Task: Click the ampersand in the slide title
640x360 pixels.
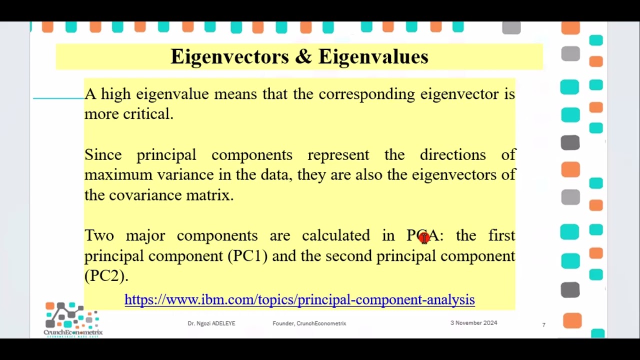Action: (x=303, y=57)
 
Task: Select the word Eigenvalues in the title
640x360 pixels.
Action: (x=373, y=57)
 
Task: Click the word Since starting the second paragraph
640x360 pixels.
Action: (x=102, y=155)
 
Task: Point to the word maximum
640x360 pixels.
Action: (x=118, y=175)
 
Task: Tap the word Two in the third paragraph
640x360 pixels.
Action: (x=99, y=235)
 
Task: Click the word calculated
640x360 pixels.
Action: (x=335, y=235)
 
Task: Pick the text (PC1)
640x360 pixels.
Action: (x=247, y=256)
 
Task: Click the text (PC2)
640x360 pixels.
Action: (x=106, y=276)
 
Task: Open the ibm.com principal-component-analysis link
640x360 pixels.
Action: (x=299, y=299)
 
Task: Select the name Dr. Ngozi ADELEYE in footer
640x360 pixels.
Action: (x=211, y=323)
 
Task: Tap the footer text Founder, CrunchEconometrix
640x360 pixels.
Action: (x=309, y=323)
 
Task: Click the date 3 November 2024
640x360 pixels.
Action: (x=473, y=323)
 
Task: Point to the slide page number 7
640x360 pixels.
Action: (x=543, y=325)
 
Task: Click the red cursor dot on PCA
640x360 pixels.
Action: (x=424, y=237)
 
